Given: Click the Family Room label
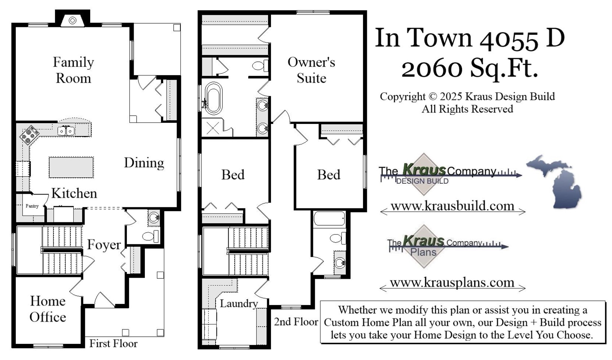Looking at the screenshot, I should tap(73, 70).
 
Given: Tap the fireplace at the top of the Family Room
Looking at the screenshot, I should tap(73, 20).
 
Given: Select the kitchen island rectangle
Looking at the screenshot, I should tap(71, 167).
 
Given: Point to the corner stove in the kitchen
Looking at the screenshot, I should tap(29, 135).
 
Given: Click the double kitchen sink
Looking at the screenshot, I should tap(66, 131).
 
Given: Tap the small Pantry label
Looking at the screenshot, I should tap(32, 206).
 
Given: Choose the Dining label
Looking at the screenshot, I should tap(144, 163).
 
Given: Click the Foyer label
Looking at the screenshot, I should tap(104, 245).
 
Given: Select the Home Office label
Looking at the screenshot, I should tap(48, 309).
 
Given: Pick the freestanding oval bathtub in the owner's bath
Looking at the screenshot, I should tap(213, 98).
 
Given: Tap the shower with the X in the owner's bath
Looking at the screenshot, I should tap(213, 127).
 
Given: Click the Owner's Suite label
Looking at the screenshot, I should tap(311, 70).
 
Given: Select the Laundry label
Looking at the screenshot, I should tap(238, 303).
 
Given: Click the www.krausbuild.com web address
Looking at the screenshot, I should tap(452, 206).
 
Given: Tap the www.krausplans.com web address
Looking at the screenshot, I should tap(452, 282).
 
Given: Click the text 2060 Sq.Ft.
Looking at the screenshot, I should tap(469, 68).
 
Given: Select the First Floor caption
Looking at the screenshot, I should tap(113, 344).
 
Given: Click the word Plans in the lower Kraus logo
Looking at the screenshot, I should tap(423, 252).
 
